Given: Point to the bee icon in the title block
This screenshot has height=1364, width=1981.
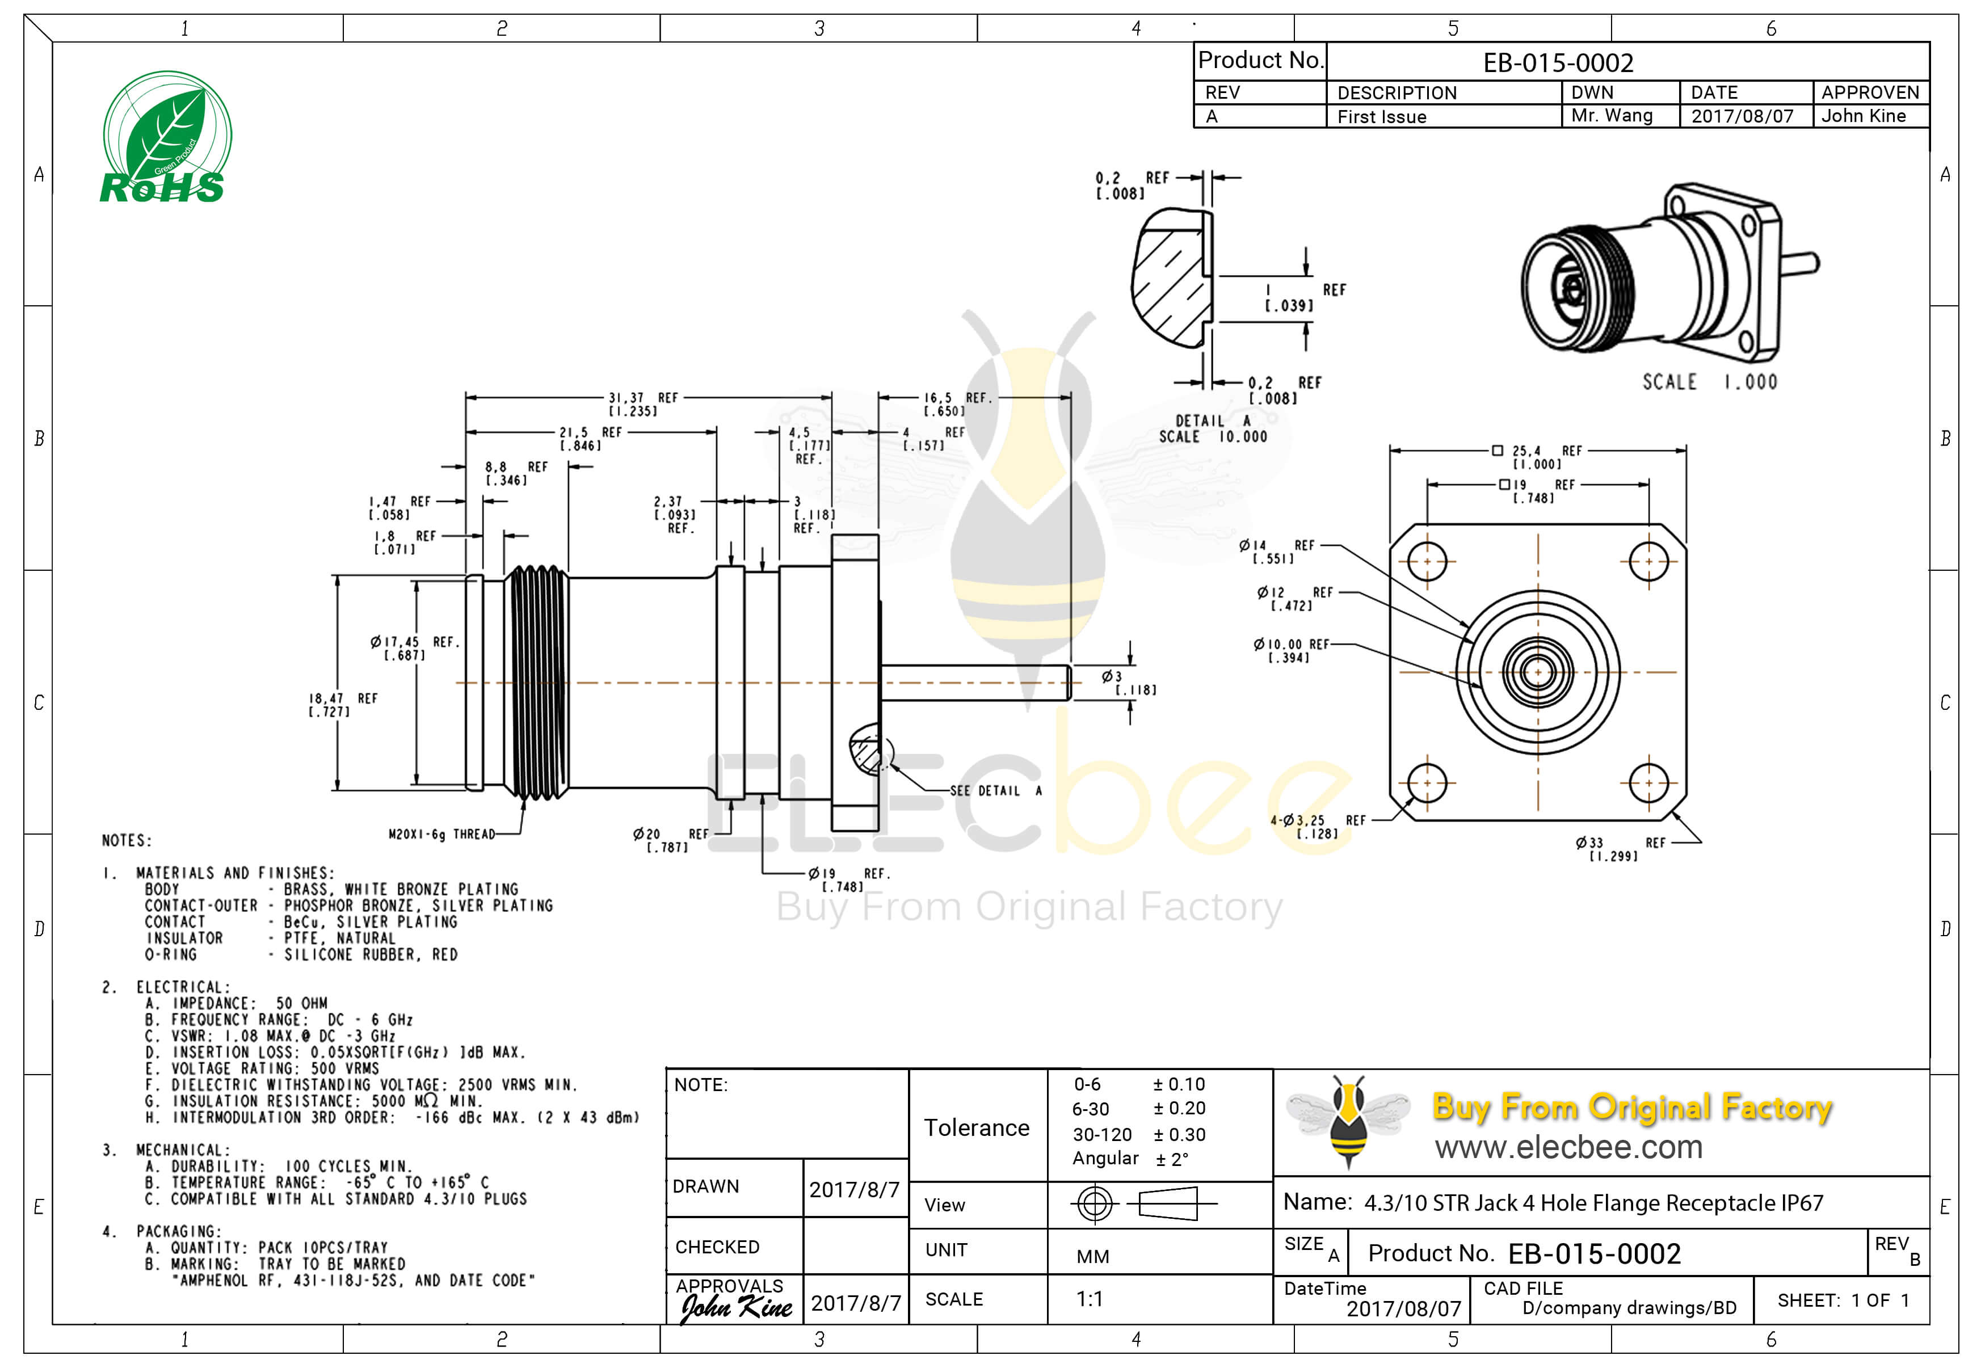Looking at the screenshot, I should coord(1348,1121).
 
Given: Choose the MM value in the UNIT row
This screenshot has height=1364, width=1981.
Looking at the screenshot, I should coord(1092,1256).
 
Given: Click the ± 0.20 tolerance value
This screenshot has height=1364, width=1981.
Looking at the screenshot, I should coord(1179,1109).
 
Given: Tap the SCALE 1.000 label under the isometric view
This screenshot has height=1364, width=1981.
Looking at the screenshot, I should coord(1709,382).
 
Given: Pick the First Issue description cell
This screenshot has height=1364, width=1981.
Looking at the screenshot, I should coord(1381,117).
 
